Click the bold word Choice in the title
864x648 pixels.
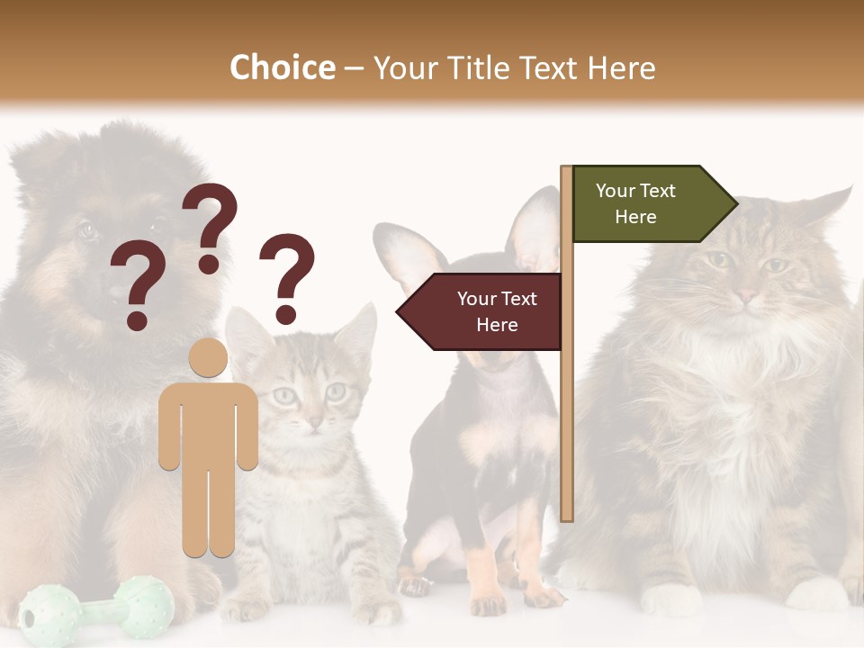tap(282, 67)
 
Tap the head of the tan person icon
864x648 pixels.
tap(208, 357)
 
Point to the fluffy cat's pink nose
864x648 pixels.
tap(746, 294)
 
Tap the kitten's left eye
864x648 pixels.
tap(285, 394)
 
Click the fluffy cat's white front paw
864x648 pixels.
tap(670, 598)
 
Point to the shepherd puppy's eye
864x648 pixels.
tap(86, 229)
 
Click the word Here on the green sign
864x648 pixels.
tap(635, 217)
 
